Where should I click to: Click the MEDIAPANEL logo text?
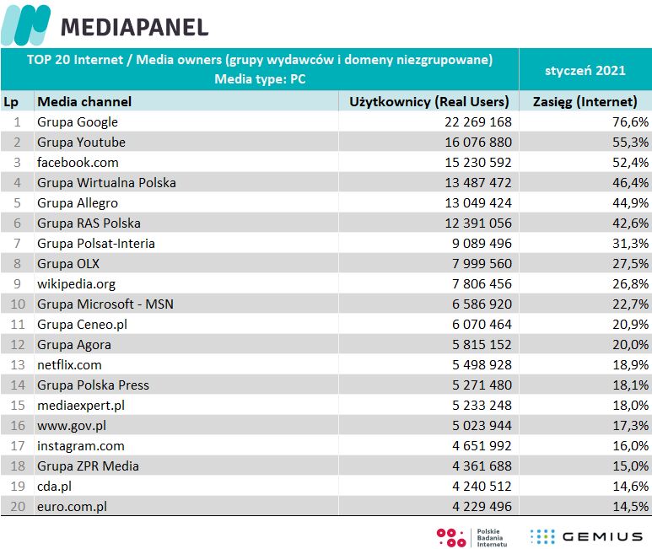(x=133, y=27)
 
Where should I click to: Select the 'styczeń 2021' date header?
(x=585, y=70)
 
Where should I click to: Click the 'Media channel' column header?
(x=84, y=102)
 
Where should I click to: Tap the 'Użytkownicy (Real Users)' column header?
(x=429, y=102)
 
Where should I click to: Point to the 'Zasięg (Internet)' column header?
(x=585, y=102)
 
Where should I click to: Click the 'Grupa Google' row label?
(x=78, y=122)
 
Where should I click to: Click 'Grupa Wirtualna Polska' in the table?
(x=105, y=183)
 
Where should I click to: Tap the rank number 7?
(x=17, y=244)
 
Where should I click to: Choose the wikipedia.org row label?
(x=76, y=284)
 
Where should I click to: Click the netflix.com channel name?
(x=69, y=365)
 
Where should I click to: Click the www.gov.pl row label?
(x=71, y=426)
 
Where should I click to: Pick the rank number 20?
(x=14, y=507)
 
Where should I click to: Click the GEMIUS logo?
(x=585, y=536)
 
